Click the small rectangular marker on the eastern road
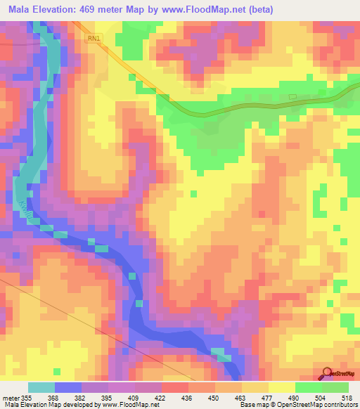293,97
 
